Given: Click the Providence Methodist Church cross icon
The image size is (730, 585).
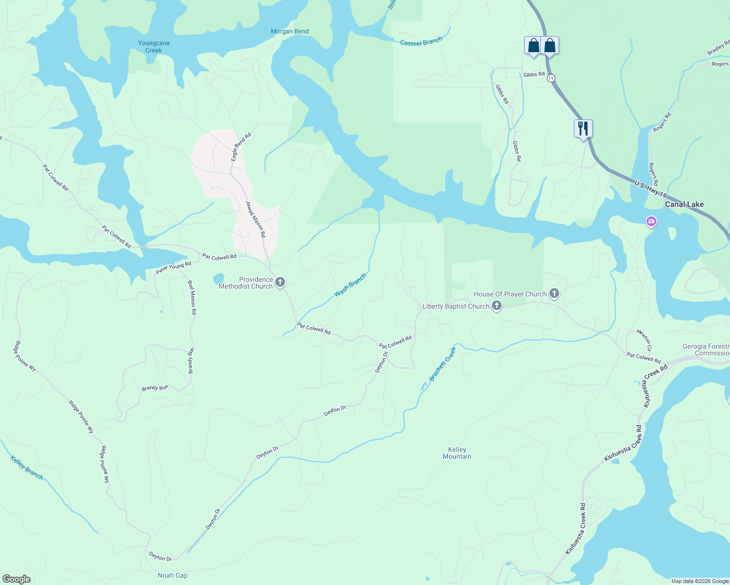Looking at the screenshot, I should (x=280, y=282).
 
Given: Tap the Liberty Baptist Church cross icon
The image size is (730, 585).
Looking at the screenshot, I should (x=497, y=306).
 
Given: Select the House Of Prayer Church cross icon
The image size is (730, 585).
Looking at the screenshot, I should (x=554, y=294).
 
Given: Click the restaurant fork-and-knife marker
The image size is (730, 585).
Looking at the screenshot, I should (x=583, y=129).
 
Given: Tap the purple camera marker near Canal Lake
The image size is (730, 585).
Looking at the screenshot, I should (x=651, y=222).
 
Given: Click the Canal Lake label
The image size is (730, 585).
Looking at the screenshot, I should (x=684, y=205).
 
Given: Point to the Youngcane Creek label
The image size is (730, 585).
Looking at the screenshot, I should (x=154, y=47).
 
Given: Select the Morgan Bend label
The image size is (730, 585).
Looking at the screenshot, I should (x=290, y=32).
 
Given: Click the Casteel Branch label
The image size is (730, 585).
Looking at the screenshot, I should (x=421, y=42).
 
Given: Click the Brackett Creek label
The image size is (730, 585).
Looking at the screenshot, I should (x=442, y=364).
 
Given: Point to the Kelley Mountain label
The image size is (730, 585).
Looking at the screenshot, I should (x=457, y=453).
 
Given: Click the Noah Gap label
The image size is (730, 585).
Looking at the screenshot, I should (x=173, y=576).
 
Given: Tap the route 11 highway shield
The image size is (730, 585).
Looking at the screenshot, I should (x=551, y=78).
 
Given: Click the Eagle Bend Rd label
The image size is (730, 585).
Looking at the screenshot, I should (x=241, y=147).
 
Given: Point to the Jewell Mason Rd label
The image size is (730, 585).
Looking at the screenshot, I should (x=256, y=219).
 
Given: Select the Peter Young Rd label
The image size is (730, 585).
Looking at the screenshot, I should (x=173, y=268).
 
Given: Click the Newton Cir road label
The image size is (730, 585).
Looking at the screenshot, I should (x=644, y=340).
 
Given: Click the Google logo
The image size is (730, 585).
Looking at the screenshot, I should (x=16, y=579).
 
